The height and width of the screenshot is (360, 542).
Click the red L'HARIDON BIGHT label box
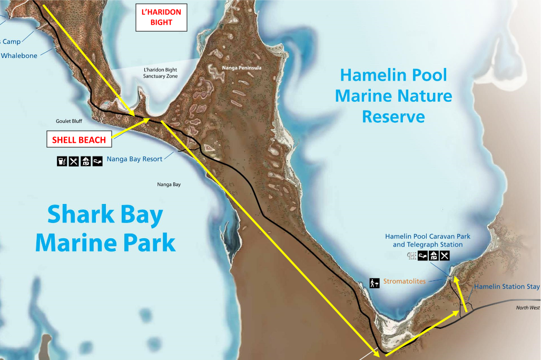[x=161, y=18]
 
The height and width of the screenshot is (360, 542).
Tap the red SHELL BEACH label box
[x=78, y=140]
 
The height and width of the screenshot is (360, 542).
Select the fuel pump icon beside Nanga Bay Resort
[x=62, y=161]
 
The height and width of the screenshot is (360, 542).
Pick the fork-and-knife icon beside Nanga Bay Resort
[x=74, y=161]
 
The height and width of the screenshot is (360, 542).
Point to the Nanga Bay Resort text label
[x=134, y=159]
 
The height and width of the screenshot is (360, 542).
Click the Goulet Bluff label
[x=69, y=121]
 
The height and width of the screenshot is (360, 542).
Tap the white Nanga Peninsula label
[x=242, y=68]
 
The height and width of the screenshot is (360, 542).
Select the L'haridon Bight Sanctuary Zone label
[x=160, y=73]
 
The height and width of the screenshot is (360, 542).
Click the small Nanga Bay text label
[x=169, y=184]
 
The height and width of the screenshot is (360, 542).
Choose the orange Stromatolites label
[x=404, y=281]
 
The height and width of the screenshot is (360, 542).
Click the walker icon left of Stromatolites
[x=375, y=283]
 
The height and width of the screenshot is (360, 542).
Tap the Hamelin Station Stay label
[x=507, y=287]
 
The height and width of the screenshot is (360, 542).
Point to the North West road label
[x=528, y=307]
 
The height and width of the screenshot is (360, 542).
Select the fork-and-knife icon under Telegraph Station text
[x=445, y=256]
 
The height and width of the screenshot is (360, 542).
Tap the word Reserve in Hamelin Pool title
[x=393, y=116]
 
